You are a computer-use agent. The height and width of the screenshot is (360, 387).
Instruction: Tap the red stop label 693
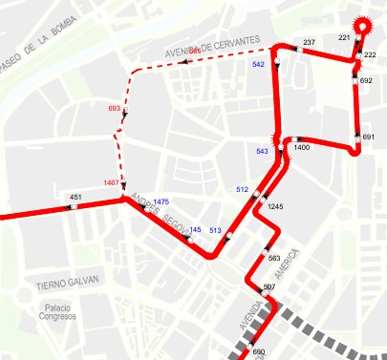(x=115, y=109)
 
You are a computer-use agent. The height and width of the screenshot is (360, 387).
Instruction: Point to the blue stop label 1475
(x=161, y=201)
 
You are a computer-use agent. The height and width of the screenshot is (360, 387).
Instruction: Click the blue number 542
(x=258, y=64)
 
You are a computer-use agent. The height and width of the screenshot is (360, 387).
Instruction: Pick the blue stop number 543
(x=263, y=151)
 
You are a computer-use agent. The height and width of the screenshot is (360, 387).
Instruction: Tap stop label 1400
(x=302, y=148)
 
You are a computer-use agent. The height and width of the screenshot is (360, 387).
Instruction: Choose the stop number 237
(x=309, y=43)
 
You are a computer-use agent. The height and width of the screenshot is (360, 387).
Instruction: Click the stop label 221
(x=345, y=37)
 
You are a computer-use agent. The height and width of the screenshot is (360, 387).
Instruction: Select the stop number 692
(x=367, y=81)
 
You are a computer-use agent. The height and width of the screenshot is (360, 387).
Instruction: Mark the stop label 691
(x=369, y=138)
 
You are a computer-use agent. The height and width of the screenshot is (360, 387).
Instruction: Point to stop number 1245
(x=276, y=206)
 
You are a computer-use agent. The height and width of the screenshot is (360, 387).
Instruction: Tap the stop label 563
(x=274, y=258)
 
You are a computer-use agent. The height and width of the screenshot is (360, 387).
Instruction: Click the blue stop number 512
(x=242, y=189)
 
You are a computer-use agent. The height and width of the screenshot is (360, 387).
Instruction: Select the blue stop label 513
(x=215, y=230)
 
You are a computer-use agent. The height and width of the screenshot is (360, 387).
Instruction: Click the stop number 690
(x=258, y=352)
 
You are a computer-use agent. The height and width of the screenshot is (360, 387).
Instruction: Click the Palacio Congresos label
(x=61, y=314)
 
